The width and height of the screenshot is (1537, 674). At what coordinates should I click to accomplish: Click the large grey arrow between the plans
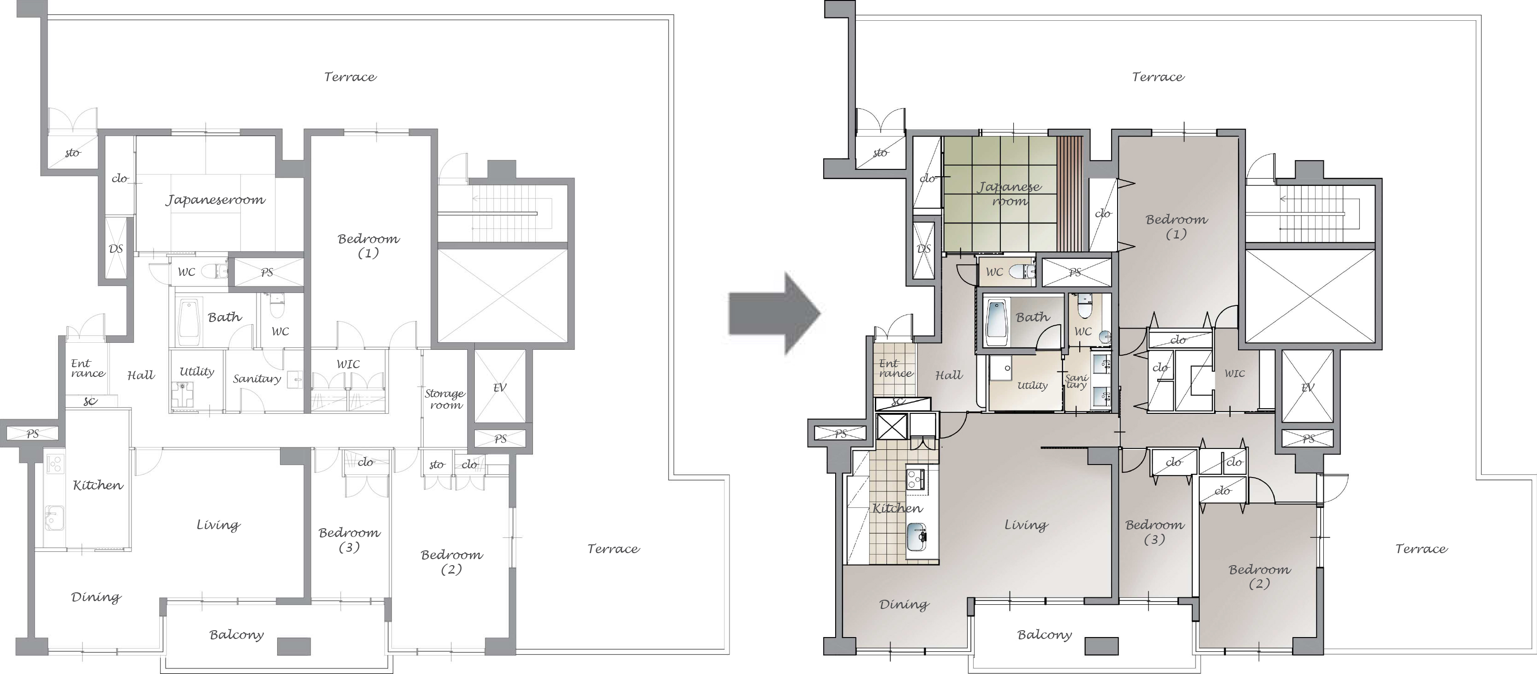point(774,314)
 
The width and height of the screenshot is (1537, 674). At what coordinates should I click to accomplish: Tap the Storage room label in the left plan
point(445,399)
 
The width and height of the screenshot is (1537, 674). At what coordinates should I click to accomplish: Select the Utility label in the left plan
point(197,371)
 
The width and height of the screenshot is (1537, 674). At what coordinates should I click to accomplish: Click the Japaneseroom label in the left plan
point(215,200)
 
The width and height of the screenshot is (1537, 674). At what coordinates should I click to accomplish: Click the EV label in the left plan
point(500,387)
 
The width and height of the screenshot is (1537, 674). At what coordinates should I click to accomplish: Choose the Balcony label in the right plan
point(1045,635)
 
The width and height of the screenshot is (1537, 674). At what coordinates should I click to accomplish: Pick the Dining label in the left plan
point(96,597)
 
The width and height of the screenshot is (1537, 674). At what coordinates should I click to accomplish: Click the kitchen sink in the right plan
point(918,539)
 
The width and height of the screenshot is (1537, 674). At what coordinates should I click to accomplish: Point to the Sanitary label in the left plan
point(257,379)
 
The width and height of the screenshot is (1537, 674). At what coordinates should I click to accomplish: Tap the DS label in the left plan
point(116,248)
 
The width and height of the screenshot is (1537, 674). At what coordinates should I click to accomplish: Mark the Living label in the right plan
point(1026,525)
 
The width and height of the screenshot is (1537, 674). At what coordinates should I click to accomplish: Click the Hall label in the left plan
point(141,375)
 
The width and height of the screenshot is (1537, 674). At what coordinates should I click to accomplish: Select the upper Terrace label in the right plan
point(1158,76)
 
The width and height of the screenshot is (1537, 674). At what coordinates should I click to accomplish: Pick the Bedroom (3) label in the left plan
point(349,540)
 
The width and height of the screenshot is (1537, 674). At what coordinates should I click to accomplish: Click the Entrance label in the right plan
point(895,368)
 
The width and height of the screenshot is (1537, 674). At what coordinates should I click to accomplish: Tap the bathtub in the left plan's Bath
point(189,322)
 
